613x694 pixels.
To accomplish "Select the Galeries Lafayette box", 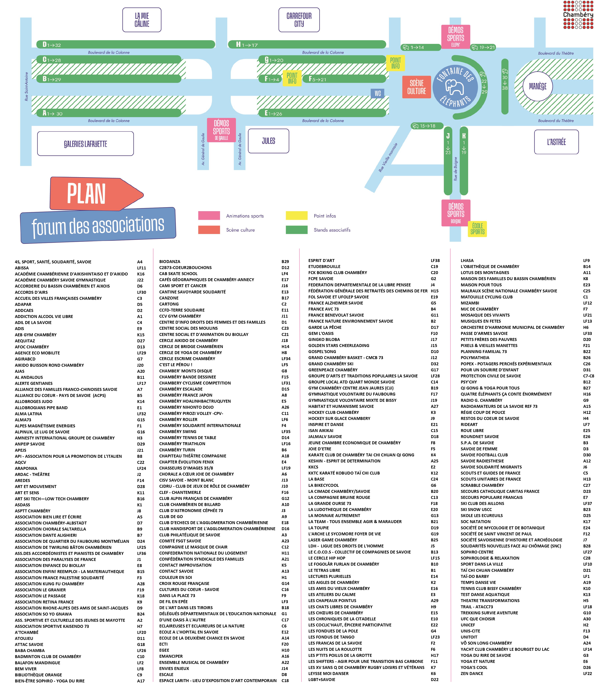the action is coord(85,144).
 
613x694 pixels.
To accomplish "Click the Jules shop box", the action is coord(268,141).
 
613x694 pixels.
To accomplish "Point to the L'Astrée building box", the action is coord(556,142).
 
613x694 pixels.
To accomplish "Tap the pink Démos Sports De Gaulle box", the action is coord(221,130).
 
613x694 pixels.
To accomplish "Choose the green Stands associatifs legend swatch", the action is coord(297,230).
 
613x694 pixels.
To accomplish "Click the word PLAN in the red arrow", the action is coord(86,194).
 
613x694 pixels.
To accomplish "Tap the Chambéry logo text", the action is coord(578,15).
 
